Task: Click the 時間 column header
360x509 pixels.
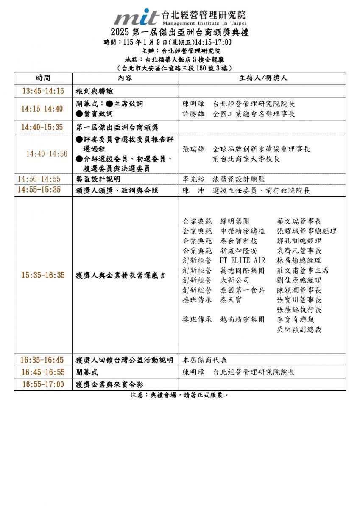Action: click(43, 78)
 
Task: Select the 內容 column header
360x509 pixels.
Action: click(125, 78)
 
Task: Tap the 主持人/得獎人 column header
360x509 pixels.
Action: click(262, 78)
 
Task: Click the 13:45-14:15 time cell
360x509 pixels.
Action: click(43, 91)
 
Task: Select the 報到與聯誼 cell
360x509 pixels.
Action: click(95, 91)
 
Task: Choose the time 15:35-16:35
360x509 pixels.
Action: click(43, 275)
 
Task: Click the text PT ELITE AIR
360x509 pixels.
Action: click(243, 260)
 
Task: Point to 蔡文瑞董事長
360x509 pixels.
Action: click(299, 221)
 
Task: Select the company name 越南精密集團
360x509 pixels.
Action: click(243, 319)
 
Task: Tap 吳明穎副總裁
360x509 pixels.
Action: click(299, 329)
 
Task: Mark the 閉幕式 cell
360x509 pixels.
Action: click(87, 372)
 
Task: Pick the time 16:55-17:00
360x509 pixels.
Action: click(43, 385)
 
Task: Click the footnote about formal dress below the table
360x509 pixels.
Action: click(180, 395)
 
